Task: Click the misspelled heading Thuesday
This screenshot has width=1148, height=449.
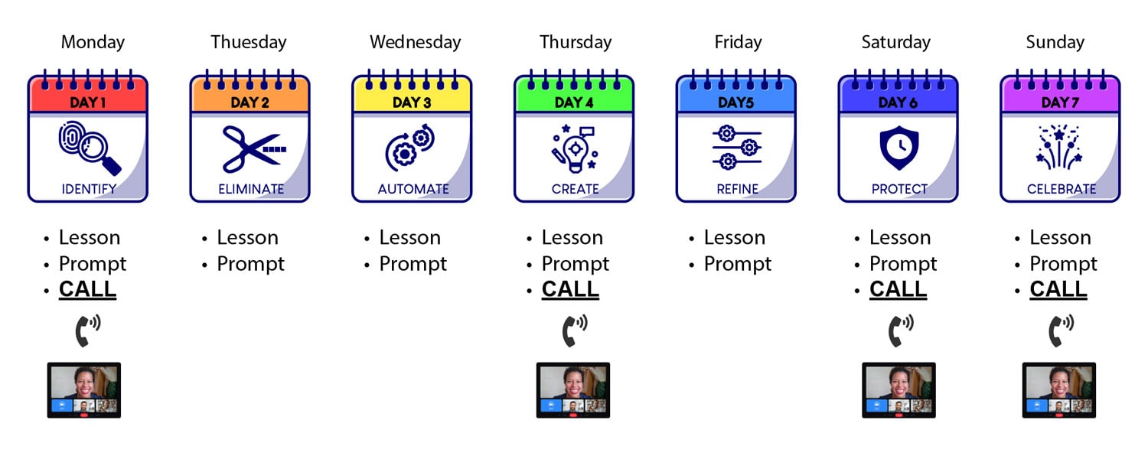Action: (249, 42)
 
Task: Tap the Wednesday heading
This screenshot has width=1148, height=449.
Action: (415, 42)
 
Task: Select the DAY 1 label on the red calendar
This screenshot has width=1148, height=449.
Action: (88, 102)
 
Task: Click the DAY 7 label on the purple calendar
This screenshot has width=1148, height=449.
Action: (1060, 102)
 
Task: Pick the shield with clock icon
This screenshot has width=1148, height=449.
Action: (899, 148)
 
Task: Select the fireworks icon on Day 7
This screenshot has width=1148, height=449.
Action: (1059, 147)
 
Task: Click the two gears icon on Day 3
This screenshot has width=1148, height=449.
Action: (410, 147)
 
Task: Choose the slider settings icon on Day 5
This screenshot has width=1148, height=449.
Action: (736, 148)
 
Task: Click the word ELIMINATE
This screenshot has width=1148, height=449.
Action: (251, 190)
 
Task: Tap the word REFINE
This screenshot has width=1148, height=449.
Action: (738, 190)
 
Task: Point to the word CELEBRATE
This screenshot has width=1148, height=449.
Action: (1062, 190)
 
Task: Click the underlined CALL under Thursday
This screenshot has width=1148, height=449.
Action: (570, 289)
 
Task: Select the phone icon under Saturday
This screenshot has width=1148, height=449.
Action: (901, 330)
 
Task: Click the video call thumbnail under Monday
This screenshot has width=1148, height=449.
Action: (84, 390)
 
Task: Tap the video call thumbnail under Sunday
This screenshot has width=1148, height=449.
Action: (1058, 390)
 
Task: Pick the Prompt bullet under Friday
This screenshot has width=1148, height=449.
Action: (738, 264)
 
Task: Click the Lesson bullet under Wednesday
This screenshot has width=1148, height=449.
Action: (410, 238)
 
